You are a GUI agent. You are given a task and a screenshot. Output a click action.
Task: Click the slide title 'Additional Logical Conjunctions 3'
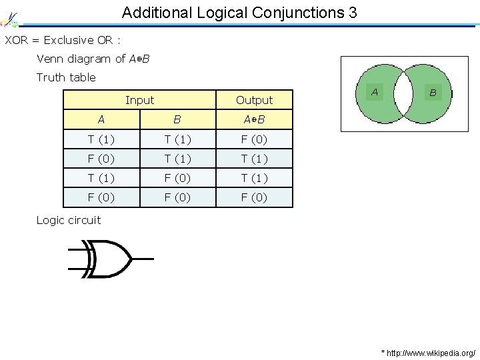click(239, 12)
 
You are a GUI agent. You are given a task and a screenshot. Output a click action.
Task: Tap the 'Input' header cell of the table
click(139, 100)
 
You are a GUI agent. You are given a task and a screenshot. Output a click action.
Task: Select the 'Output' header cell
click(254, 100)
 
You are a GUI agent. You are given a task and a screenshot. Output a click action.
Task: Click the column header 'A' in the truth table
click(101, 120)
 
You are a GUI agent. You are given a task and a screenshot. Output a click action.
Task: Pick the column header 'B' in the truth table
click(177, 120)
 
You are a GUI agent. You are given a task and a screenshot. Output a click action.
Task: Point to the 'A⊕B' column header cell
click(254, 120)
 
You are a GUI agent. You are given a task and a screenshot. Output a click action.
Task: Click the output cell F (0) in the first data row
click(254, 139)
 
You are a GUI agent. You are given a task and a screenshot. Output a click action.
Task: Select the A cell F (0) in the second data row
click(101, 159)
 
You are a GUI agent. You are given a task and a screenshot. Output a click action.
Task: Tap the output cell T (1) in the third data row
click(254, 178)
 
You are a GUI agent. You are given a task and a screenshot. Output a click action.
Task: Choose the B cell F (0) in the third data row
click(177, 178)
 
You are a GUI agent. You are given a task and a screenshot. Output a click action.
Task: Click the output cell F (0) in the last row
click(254, 197)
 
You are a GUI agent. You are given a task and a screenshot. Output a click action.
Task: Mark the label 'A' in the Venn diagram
click(375, 91)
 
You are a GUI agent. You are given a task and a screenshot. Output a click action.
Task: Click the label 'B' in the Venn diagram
click(433, 93)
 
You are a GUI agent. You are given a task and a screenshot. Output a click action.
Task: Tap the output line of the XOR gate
click(143, 258)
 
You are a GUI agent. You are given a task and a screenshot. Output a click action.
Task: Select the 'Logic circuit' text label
click(69, 220)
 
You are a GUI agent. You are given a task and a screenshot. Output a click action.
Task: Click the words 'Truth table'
click(66, 77)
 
